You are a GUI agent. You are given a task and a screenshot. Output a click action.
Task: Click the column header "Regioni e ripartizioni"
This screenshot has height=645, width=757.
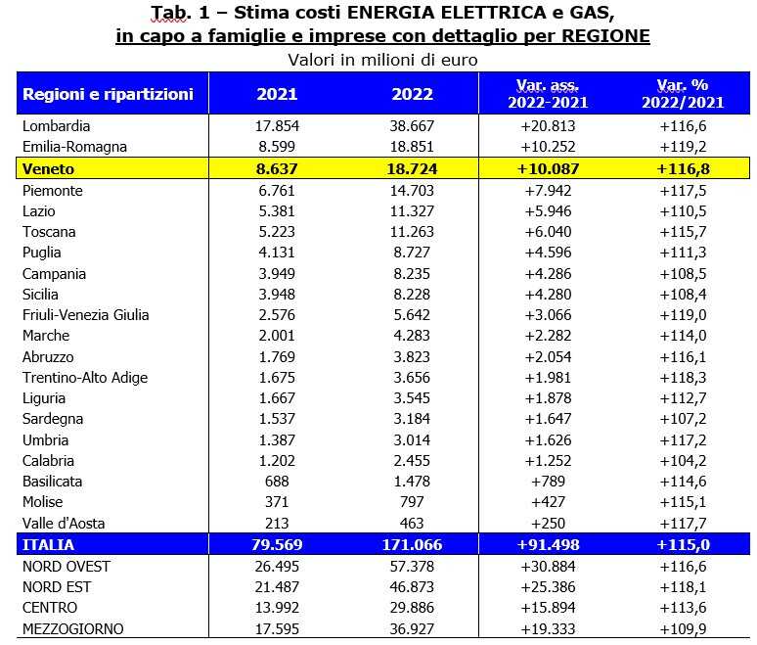pyautogui.click(x=108, y=95)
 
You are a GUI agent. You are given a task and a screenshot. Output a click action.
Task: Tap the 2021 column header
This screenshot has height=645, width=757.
pyautogui.click(x=277, y=95)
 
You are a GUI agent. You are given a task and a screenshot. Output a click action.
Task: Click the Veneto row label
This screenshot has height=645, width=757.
pyautogui.click(x=45, y=169)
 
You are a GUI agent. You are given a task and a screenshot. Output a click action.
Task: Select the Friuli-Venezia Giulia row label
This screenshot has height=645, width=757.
pyautogui.click(x=85, y=315)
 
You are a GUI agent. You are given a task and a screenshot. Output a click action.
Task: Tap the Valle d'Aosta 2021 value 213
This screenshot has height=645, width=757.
pyautogui.click(x=277, y=524)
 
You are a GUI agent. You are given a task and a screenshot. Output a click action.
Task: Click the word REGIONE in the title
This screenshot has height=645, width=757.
pyautogui.click(x=599, y=36)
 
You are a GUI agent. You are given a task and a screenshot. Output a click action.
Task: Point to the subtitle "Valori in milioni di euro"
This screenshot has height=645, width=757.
pyautogui.click(x=381, y=60)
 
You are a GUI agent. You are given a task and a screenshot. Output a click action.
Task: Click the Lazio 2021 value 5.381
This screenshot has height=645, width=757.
pyautogui.click(x=277, y=211)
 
